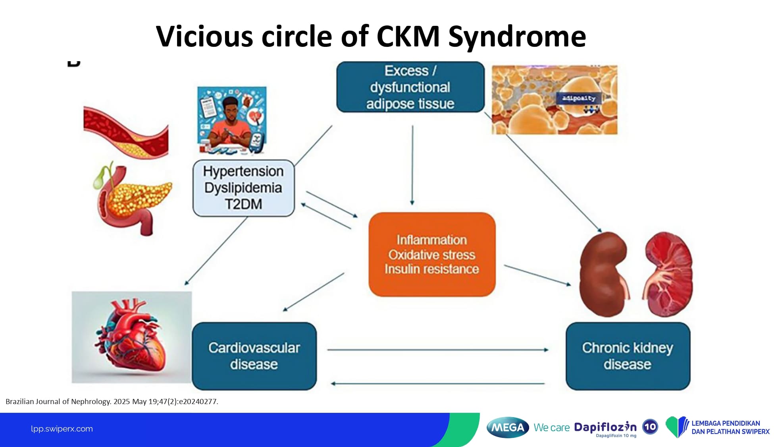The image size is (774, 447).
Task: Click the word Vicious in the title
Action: pos(204,36)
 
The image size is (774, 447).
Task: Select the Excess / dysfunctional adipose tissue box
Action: pos(410,87)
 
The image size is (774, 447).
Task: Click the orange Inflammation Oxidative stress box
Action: pos(432,254)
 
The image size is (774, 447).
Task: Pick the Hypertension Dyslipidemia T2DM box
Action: pos(243,188)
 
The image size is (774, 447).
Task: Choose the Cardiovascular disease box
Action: pos(254,356)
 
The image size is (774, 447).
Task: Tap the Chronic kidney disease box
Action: pos(628,356)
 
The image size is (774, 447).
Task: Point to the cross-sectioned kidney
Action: pos(668,274)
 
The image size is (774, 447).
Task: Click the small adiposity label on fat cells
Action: pos(579,98)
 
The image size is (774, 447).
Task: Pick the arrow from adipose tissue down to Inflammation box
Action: pos(412,165)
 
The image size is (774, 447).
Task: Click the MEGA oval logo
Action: pos(508,428)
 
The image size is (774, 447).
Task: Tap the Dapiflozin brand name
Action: pos(605,427)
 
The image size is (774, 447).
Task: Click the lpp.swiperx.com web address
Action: pos(62,429)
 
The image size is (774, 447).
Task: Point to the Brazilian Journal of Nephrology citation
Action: pos(112,401)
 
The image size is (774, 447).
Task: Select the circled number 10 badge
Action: pos(650,427)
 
